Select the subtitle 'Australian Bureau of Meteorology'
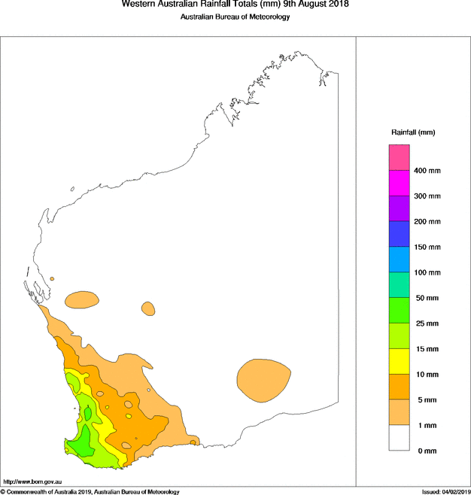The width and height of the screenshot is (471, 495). click(235, 18)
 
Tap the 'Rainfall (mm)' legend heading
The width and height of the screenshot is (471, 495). click(413, 132)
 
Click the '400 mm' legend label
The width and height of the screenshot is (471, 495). click(427, 171)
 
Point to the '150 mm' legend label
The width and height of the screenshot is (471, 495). click(427, 247)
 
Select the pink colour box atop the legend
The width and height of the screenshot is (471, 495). click(399, 157)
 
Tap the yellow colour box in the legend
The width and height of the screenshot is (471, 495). click(399, 361)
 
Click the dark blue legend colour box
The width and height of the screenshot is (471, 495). click(399, 234)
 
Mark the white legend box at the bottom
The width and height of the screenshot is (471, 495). click(399, 438)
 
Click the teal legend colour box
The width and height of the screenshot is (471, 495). click(399, 285)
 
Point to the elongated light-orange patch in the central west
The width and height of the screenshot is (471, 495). click(82, 300)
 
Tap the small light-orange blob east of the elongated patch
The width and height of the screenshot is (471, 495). click(148, 308)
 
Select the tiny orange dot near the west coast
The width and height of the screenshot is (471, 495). click(52, 279)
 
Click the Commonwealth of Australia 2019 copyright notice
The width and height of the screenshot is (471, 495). click(90, 491)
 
